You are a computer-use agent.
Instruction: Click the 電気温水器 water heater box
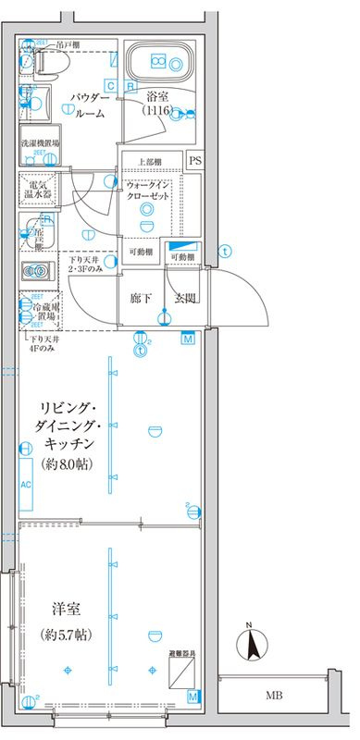pyautogui.click(x=39, y=189)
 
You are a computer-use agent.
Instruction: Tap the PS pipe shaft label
pyautogui.click(x=194, y=160)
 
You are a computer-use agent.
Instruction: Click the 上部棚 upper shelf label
pyautogui.click(x=151, y=160)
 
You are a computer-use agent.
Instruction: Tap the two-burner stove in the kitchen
pyautogui.click(x=38, y=271)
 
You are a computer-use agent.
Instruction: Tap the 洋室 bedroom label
pyautogui.click(x=64, y=611)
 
